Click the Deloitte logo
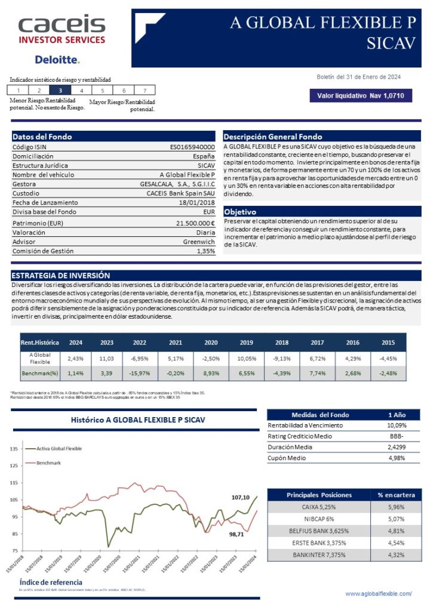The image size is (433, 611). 57,60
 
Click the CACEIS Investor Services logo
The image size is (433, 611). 62,30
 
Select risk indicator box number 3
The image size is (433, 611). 60,90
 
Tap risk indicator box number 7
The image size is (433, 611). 145,90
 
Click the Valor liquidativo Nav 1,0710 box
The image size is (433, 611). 360,95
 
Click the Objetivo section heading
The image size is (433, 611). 240,212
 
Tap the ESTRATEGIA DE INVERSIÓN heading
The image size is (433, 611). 61,276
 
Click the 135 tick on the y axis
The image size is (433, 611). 13,448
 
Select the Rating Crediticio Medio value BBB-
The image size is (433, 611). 394,436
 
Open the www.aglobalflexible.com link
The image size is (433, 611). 379,594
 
